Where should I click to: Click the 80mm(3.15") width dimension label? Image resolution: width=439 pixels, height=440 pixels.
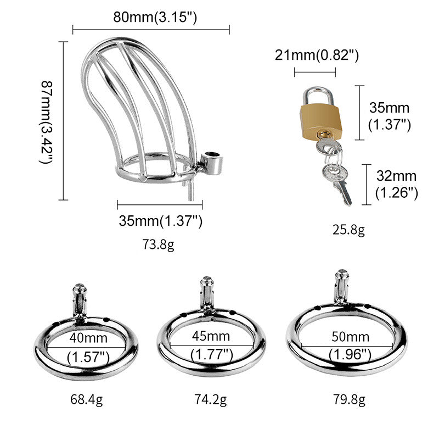pyautogui.click(x=155, y=17)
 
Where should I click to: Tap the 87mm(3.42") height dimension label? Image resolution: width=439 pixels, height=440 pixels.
pyautogui.click(x=46, y=122)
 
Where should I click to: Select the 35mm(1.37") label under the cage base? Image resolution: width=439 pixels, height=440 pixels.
pyautogui.click(x=160, y=221)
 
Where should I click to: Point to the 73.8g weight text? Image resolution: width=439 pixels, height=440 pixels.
pyautogui.click(x=159, y=244)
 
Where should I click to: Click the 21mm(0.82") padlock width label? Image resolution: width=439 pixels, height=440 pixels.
pyautogui.click(x=317, y=55)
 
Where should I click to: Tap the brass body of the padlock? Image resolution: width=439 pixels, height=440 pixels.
pyautogui.click(x=321, y=121)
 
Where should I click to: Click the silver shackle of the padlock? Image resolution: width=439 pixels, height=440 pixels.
pyautogui.click(x=318, y=96)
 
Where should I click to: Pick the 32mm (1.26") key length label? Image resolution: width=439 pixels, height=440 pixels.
pyautogui.click(x=396, y=185)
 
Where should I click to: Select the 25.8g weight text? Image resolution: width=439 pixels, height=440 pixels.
pyautogui.click(x=349, y=230)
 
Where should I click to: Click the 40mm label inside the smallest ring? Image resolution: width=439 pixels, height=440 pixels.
pyautogui.click(x=88, y=338)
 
